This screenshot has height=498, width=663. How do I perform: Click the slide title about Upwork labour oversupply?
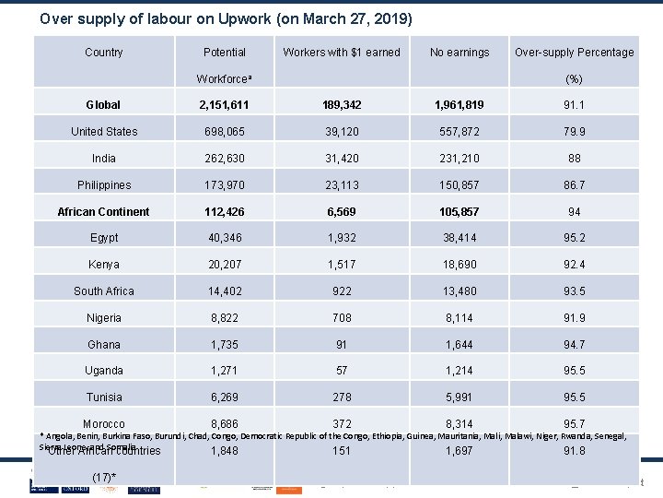point(227,18)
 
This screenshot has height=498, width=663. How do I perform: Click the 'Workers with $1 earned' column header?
point(342,52)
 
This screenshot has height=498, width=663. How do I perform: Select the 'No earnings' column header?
point(459,52)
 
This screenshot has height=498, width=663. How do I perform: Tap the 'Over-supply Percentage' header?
point(574,52)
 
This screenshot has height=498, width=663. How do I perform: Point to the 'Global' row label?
point(103,105)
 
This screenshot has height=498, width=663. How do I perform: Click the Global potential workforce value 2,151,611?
point(225,105)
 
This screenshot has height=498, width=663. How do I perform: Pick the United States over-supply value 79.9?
point(574,132)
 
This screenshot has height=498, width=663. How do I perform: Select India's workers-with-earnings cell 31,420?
point(342,159)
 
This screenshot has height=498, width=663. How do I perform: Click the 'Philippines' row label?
point(104,185)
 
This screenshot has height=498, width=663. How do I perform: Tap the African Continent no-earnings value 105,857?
point(459,212)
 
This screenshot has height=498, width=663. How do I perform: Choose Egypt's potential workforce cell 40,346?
point(225,238)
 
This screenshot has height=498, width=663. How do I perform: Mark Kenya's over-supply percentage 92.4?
point(574,265)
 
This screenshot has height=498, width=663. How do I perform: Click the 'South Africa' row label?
point(104,291)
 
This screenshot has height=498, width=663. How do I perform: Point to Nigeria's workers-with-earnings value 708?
point(342,318)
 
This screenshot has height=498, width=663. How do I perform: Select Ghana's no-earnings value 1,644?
point(459,345)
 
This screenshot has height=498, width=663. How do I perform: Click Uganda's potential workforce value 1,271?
point(225,371)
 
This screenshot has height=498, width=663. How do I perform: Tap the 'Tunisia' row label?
point(104,397)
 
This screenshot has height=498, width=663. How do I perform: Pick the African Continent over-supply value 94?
point(574,212)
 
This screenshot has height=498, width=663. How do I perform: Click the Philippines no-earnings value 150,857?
point(459,185)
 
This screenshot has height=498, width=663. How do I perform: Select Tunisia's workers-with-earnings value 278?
point(342,397)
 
